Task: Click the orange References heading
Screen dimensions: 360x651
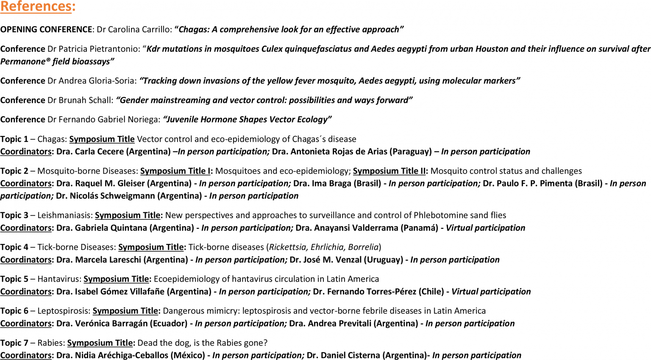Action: pyautogui.click(x=37, y=7)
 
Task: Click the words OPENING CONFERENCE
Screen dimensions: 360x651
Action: pyautogui.click(x=46, y=30)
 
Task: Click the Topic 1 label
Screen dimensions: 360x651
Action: pyautogui.click(x=14, y=139)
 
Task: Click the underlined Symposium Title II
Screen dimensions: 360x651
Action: pyautogui.click(x=389, y=171)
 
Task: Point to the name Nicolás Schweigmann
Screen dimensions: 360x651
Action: pyautogui.click(x=113, y=196)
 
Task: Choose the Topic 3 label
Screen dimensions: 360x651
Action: pyautogui.click(x=14, y=215)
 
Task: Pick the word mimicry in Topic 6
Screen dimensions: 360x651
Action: pyautogui.click(x=221, y=311)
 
